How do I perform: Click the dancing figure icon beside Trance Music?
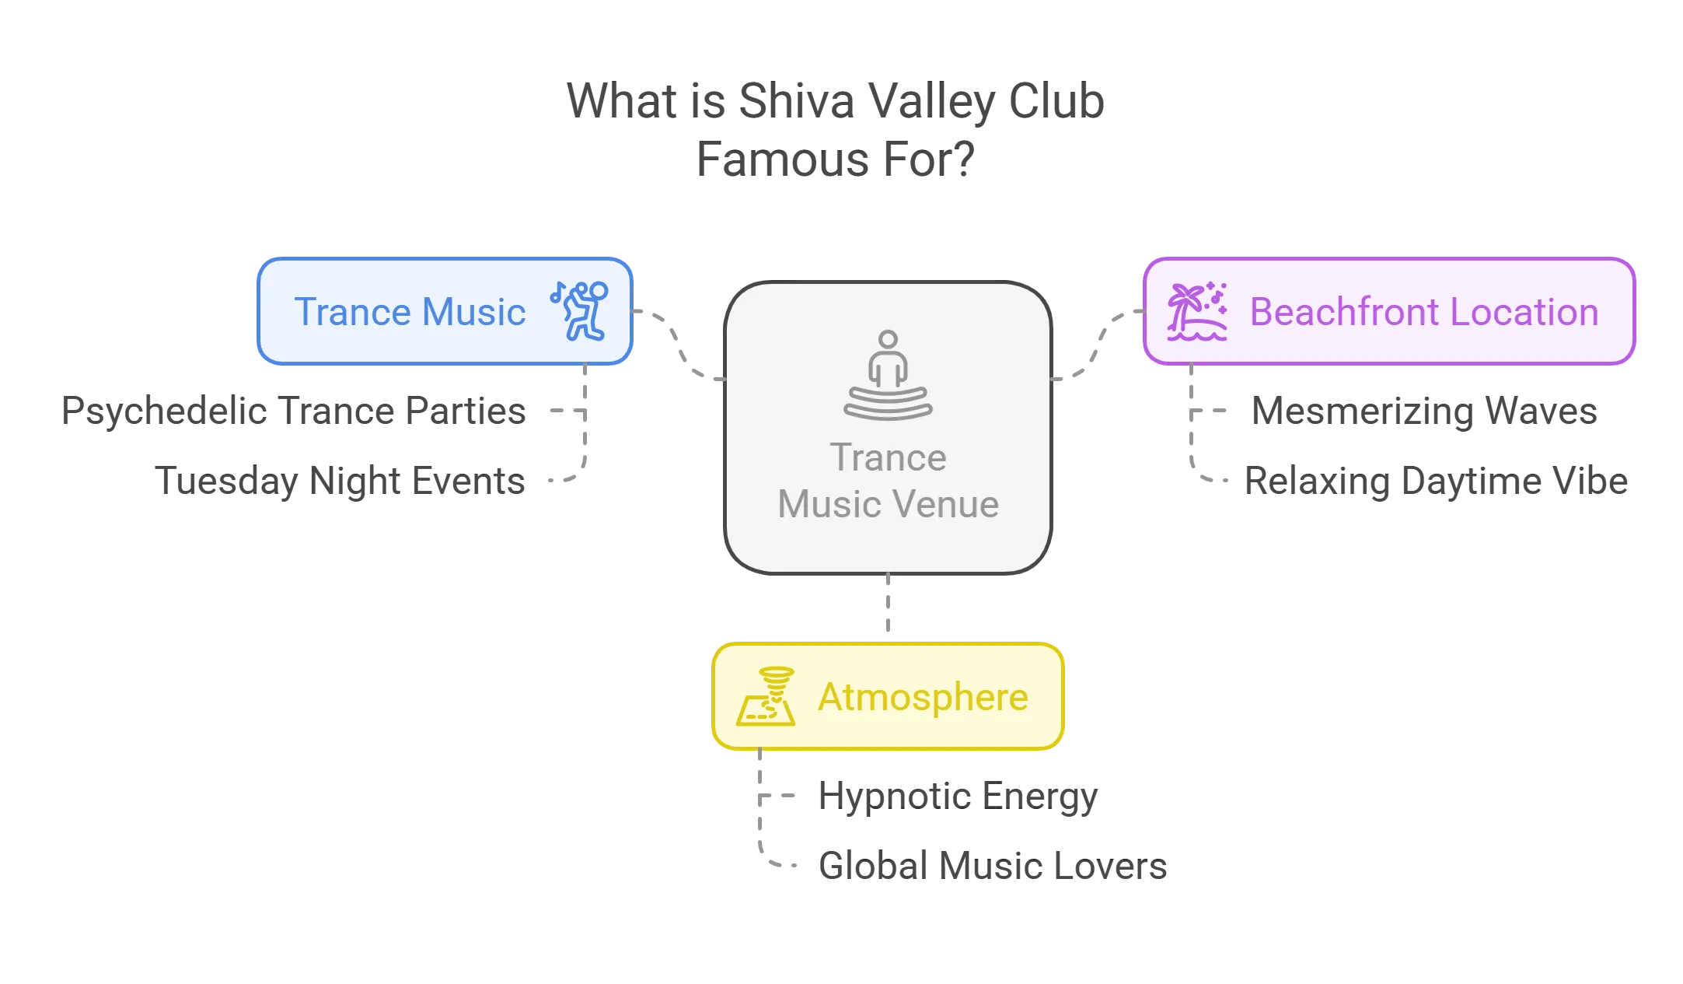[x=579, y=311]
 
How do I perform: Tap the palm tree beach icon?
[x=1197, y=311]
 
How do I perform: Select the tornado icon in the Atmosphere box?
[x=766, y=696]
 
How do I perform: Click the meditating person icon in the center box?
[x=888, y=375]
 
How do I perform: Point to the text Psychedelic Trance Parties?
[x=293, y=411]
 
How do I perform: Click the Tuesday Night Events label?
[x=340, y=481]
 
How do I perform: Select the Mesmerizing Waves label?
[x=1424, y=411]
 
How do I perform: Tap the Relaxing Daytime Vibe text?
[x=1436, y=481]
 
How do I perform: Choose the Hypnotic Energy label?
[x=958, y=797]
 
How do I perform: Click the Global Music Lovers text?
[x=993, y=866]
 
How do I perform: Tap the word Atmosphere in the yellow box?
[x=923, y=697]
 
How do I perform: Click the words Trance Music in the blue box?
[x=410, y=312]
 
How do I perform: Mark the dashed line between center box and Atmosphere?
[x=888, y=604]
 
